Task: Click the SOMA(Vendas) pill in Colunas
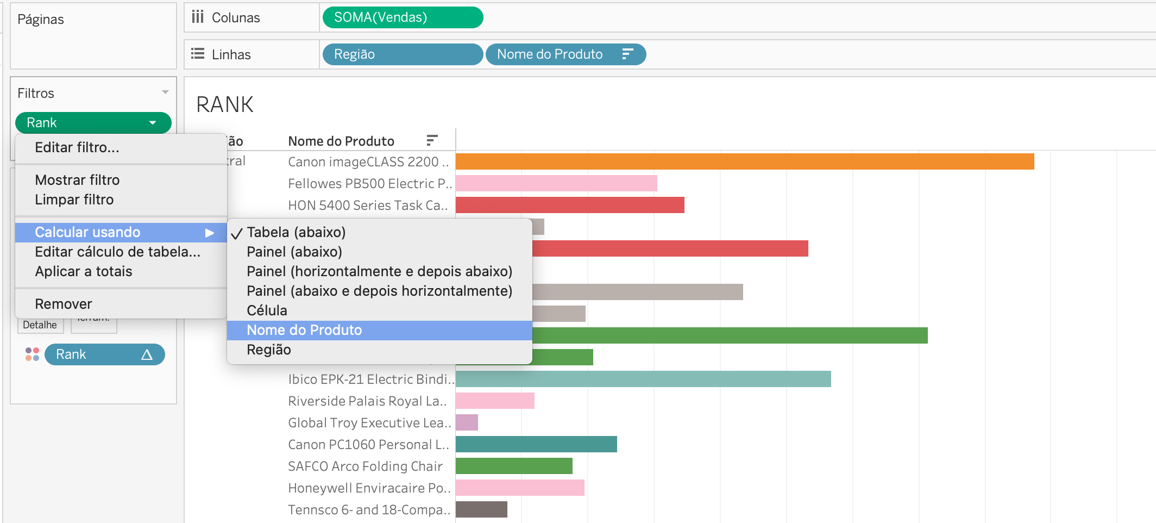tap(402, 17)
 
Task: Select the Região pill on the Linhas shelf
tap(402, 54)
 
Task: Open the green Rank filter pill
tap(92, 123)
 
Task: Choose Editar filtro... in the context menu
tap(77, 147)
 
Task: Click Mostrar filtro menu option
tap(77, 180)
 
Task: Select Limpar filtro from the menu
tap(74, 200)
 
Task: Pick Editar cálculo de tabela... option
tap(117, 252)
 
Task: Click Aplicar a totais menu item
tap(84, 271)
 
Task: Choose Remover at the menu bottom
tap(64, 304)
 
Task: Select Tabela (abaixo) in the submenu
tap(296, 232)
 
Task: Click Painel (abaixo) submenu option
tap(294, 252)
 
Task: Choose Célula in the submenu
tap(267, 310)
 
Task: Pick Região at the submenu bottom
tap(269, 350)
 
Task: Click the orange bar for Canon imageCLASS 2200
tap(744, 161)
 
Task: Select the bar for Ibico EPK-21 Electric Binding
tap(643, 379)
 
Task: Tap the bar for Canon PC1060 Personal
tap(536, 444)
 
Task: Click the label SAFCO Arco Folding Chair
tap(365, 466)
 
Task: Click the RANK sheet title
tap(225, 104)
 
